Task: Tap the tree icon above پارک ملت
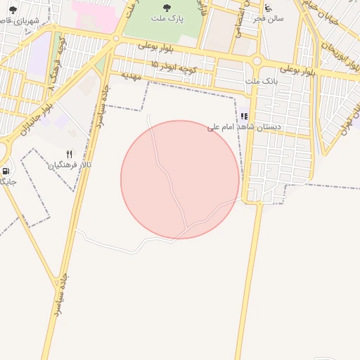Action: [x=167, y=8]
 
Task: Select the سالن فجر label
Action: [x=271, y=19]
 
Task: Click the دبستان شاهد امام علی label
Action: [x=243, y=127]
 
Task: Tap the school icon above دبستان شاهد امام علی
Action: [x=244, y=115]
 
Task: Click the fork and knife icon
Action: [x=69, y=153]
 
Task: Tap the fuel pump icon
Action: [x=6, y=170]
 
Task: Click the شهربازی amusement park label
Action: [x=15, y=20]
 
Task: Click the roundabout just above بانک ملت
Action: [x=257, y=61]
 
